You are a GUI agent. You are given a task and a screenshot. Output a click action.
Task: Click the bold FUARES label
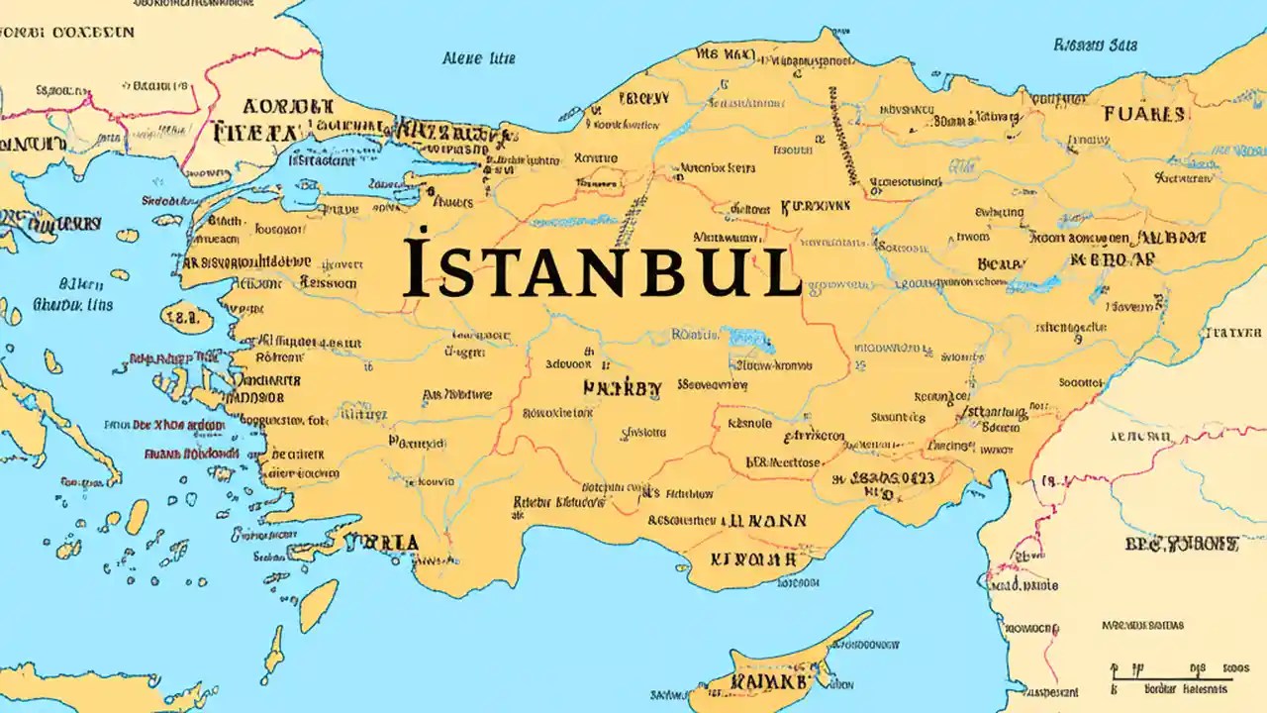tap(1143, 114)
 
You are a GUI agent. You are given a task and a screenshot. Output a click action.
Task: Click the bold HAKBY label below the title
tap(622, 388)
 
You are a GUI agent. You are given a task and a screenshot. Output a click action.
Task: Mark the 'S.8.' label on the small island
tap(181, 319)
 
